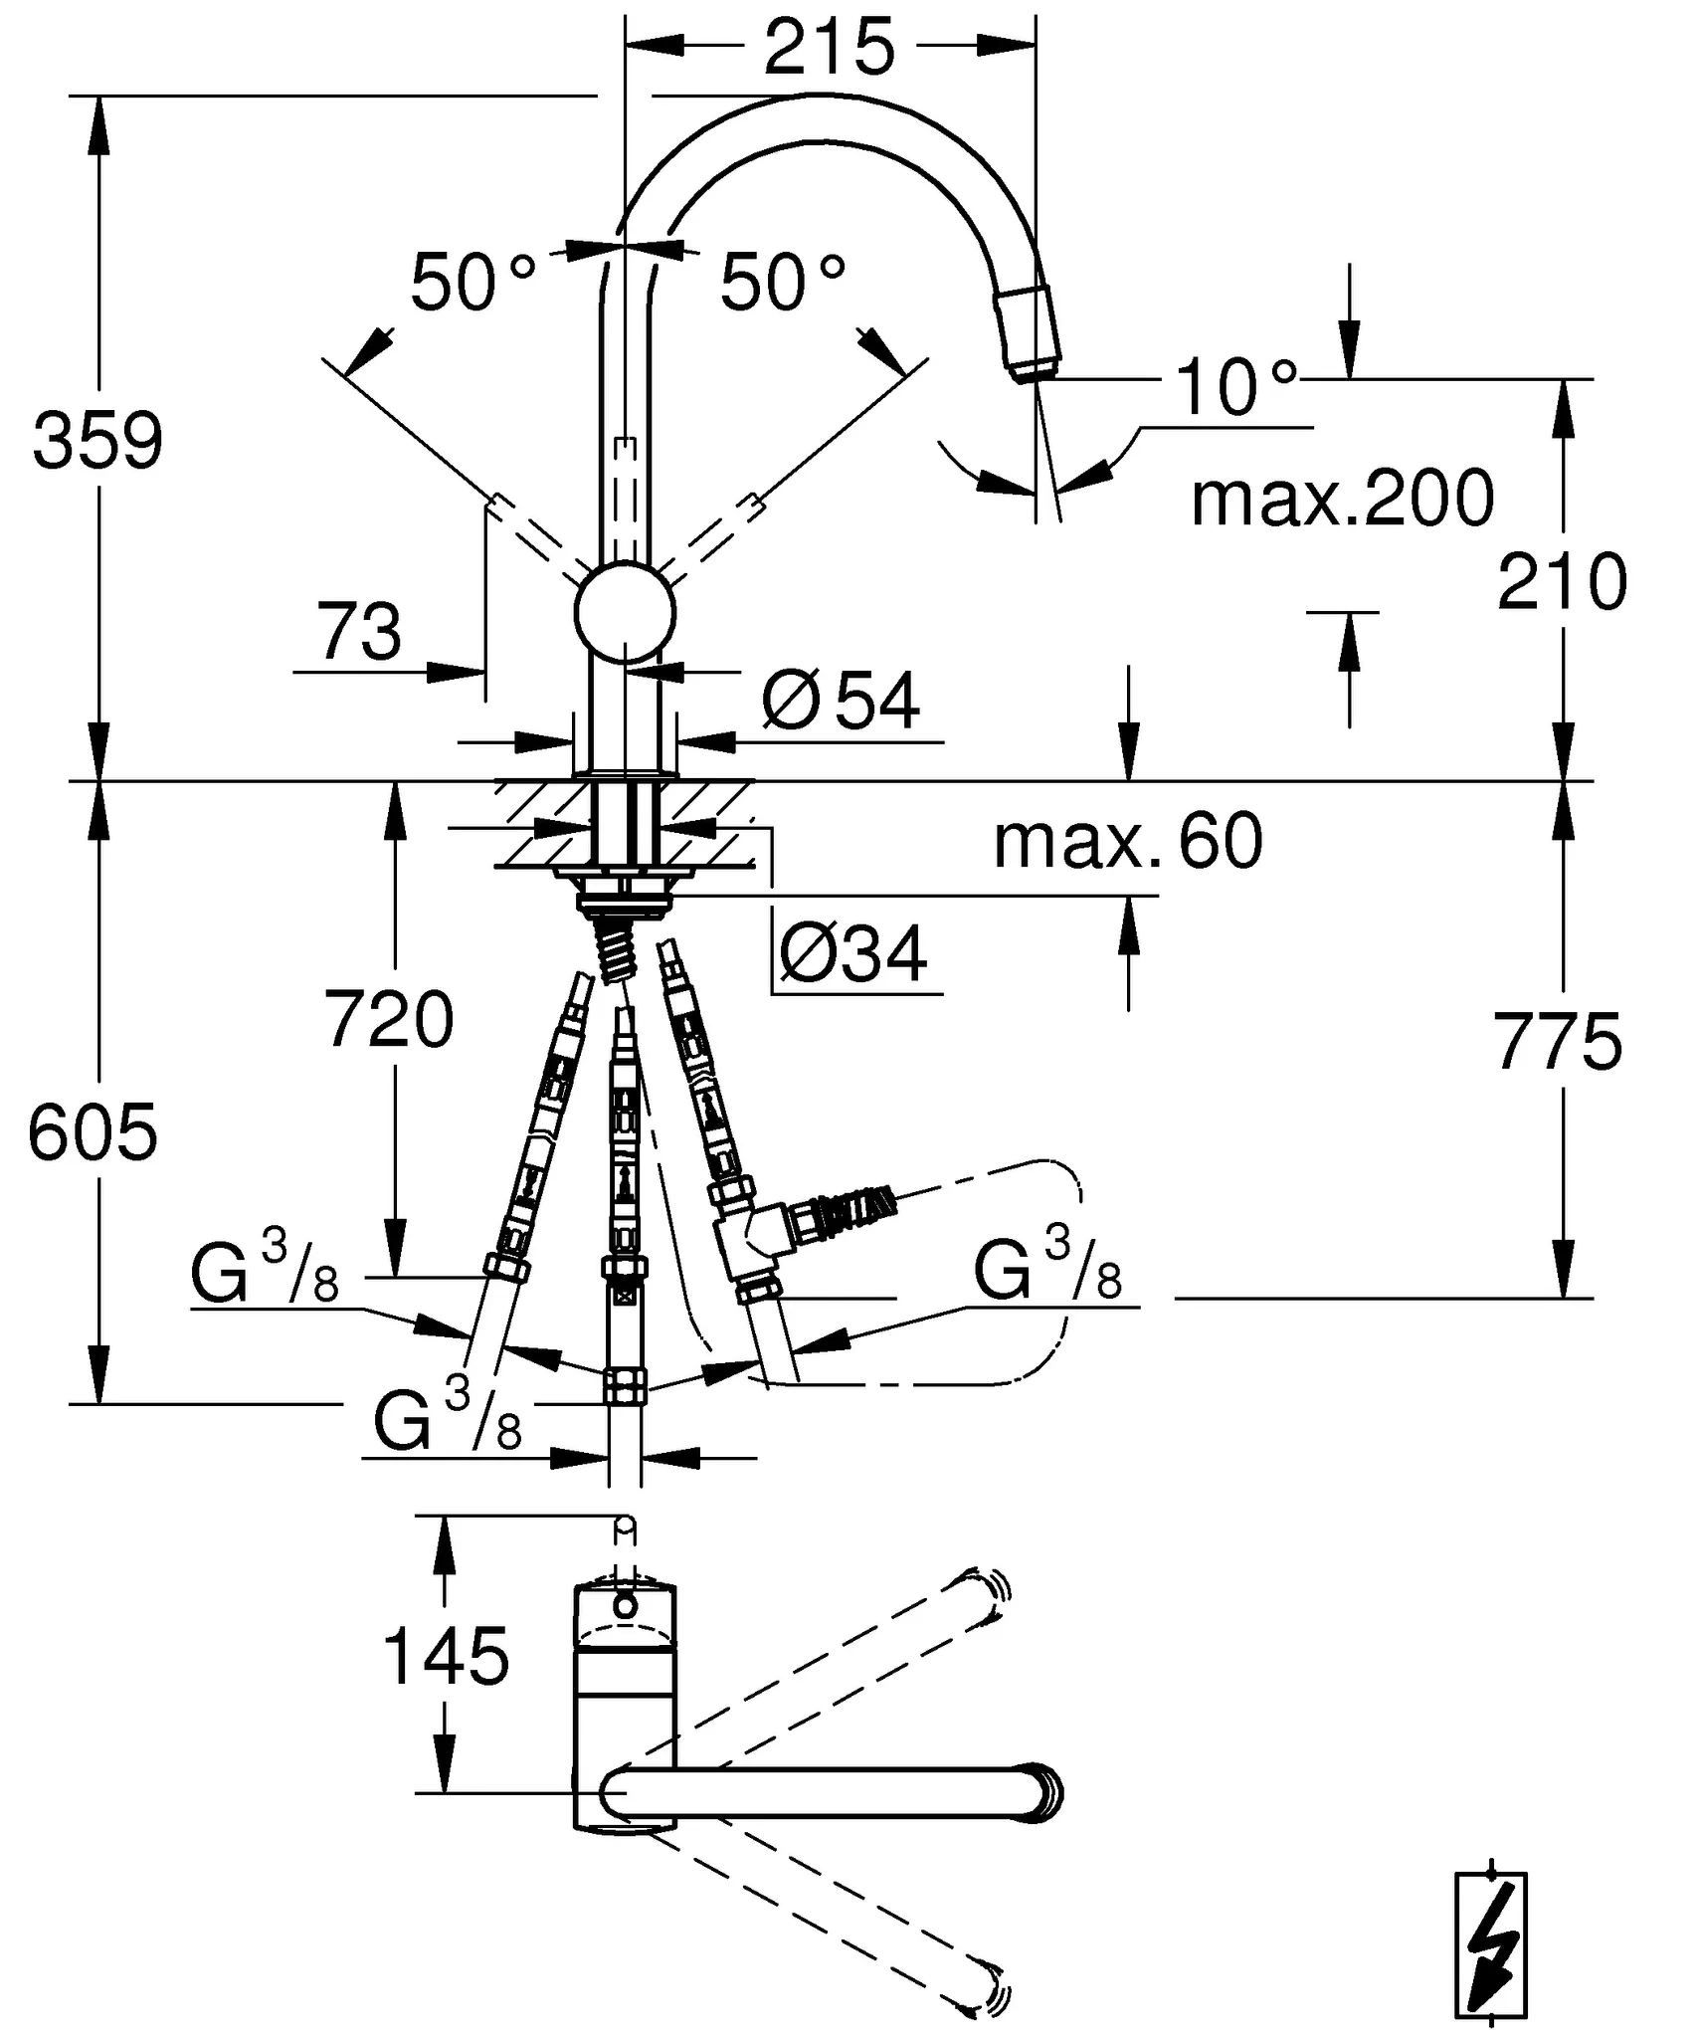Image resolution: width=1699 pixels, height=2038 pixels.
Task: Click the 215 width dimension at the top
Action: coord(829,46)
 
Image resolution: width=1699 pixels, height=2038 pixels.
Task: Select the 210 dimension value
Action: coord(1561,582)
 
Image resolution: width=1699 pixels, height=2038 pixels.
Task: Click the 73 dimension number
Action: coord(359,631)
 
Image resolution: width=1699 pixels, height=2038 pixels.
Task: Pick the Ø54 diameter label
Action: coord(841,701)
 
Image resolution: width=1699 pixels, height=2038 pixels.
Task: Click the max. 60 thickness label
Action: coord(1128,841)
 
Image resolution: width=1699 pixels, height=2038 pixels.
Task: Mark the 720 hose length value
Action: coord(389,1020)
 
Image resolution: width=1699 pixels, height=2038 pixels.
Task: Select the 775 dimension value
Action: coord(1558,1041)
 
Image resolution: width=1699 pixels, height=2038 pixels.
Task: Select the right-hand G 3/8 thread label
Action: coord(1047,1268)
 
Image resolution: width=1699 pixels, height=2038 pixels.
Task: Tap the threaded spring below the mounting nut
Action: coord(615,951)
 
